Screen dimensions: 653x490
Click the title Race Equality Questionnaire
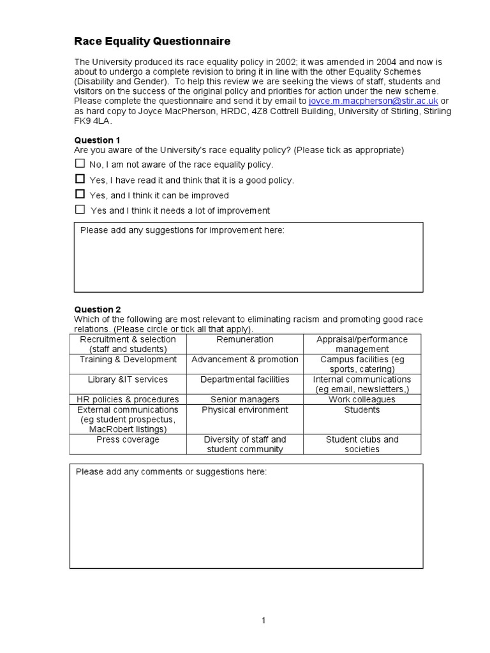tap(152, 42)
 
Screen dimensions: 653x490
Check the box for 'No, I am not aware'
tap(80, 164)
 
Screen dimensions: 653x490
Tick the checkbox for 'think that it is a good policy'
tap(80, 179)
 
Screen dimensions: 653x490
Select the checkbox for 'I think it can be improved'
tap(80, 194)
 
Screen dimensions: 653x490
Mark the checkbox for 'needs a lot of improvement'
tap(80, 209)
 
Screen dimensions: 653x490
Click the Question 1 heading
tap(97, 140)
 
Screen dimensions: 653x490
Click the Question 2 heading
tap(97, 309)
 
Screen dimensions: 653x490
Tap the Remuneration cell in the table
tap(244, 340)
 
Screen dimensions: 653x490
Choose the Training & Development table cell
tap(128, 360)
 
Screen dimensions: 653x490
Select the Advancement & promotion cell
tap(244, 360)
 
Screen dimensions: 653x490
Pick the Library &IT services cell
tap(128, 379)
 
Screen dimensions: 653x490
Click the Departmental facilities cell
tap(244, 379)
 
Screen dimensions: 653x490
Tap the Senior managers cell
tap(244, 400)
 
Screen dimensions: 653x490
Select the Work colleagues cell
tap(362, 400)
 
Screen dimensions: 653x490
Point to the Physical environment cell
tap(244, 410)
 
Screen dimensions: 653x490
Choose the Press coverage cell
tap(128, 440)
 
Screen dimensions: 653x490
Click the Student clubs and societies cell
tap(362, 444)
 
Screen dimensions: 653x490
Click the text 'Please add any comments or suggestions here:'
tap(171, 472)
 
